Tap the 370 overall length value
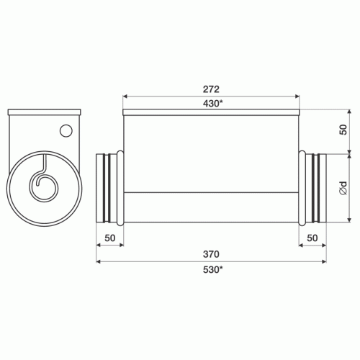[210, 254]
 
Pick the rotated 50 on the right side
[344, 130]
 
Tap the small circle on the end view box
[66, 131]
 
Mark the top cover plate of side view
[210, 112]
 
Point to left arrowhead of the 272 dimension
[126, 95]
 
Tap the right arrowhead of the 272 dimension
[295, 95]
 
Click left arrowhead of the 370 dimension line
[100, 263]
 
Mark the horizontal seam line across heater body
[210, 192]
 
